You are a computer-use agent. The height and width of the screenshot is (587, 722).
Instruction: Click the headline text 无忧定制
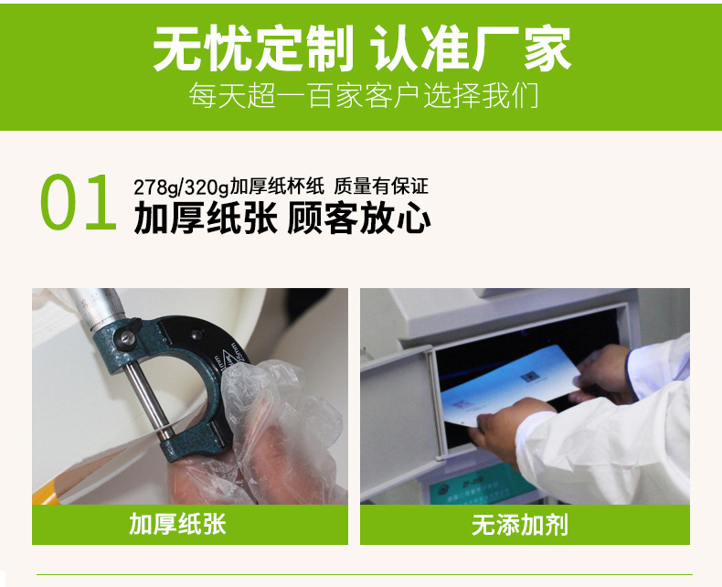pos(253,48)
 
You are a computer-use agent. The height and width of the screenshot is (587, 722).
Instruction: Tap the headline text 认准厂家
pos(472,48)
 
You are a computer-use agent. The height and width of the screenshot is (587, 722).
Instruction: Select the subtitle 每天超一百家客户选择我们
pos(362,96)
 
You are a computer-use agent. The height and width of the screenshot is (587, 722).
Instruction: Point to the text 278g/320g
pos(180,186)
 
